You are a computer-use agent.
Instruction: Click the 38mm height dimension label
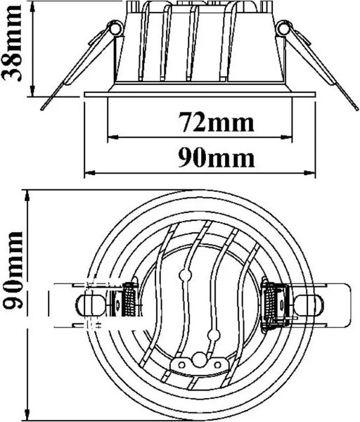point(11,43)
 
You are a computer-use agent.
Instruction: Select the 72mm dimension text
point(217,123)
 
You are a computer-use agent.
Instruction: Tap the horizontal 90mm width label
point(217,158)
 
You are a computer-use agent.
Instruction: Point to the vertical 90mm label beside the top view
point(13,270)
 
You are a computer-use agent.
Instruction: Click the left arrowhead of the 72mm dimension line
point(113,137)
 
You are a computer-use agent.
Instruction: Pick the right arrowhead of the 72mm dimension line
point(286,137)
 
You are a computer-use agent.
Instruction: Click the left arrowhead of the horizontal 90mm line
point(90,172)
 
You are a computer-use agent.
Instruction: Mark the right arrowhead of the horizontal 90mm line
point(309,172)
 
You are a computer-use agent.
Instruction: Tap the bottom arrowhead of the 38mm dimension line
point(32,91)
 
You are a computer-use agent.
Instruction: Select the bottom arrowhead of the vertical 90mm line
point(27,414)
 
